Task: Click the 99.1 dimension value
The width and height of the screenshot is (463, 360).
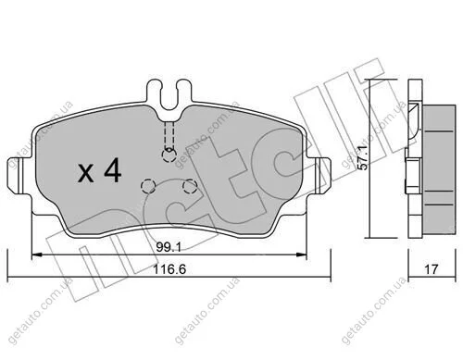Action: [169, 247]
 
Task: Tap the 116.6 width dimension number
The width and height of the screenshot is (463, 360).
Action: [169, 269]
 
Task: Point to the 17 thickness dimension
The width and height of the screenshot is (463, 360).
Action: [432, 269]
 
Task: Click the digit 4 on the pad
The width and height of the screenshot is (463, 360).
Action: [113, 170]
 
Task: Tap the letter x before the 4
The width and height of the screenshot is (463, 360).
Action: [86, 173]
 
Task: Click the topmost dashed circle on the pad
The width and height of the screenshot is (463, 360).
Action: [169, 155]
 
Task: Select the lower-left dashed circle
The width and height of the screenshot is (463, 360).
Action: [148, 186]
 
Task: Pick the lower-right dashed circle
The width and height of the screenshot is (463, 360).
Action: [190, 186]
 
